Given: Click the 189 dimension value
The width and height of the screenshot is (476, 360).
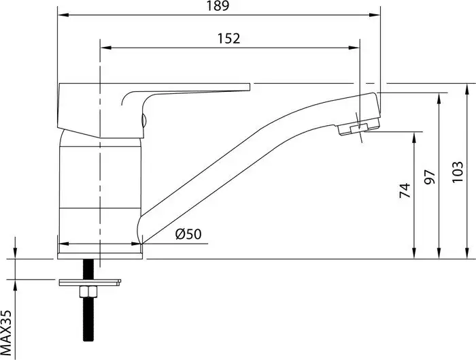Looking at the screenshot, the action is tap(218, 5).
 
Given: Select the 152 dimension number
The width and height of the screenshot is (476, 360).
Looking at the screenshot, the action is tap(228, 39).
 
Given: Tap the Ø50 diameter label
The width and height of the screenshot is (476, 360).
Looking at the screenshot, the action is tap(188, 234).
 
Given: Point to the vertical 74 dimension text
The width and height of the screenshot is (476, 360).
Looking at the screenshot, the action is tap(405, 191).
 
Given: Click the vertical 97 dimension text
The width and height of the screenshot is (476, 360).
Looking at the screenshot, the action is tap(430, 177).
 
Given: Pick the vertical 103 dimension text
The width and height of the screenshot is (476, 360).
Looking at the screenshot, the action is tap(458, 172).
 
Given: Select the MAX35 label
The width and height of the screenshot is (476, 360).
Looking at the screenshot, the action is tap(5, 333).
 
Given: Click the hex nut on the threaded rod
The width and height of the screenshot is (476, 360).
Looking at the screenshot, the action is tap(88, 292).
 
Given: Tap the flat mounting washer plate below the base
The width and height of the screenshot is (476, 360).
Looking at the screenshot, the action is tap(90, 282).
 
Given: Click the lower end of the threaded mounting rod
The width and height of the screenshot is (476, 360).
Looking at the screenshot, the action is tap(88, 340).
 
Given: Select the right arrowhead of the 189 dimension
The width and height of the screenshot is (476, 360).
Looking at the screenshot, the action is tap(375, 14).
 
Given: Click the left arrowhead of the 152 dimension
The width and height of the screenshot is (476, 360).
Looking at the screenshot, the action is tap(106, 48).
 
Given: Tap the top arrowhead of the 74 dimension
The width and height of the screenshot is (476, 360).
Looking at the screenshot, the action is tap(413, 137).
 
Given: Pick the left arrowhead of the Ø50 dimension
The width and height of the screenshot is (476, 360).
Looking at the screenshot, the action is tap(63, 244).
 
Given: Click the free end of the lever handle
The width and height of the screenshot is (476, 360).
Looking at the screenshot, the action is tap(250, 87).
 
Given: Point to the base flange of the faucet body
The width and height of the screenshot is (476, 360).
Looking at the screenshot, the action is tap(100, 256).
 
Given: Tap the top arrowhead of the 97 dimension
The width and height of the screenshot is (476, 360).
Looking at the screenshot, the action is tap(439, 99).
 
